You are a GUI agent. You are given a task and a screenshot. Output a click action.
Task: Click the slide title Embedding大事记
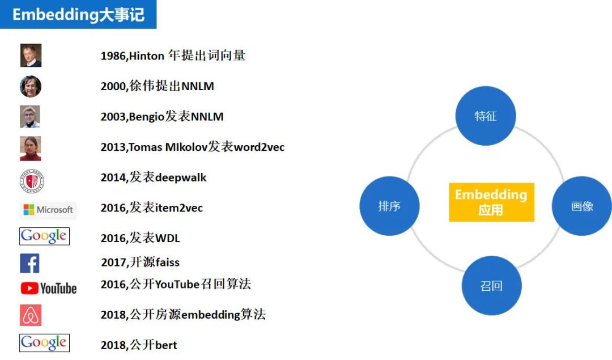[x=78, y=14]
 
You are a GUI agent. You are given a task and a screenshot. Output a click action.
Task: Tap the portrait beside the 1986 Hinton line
[x=31, y=56]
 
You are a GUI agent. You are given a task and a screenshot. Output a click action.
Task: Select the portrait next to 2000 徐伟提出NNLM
[x=31, y=86]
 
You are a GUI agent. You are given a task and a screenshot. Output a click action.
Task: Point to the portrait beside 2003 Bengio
[x=30, y=117]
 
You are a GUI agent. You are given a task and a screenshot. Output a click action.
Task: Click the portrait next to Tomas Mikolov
[x=30, y=148]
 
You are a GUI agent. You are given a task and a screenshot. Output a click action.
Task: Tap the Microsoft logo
[x=48, y=210]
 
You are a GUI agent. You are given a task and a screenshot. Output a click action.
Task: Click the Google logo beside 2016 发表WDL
[x=44, y=236]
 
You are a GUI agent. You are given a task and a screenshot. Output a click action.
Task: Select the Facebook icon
[x=29, y=263]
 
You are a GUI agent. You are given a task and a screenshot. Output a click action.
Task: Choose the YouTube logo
[x=48, y=289]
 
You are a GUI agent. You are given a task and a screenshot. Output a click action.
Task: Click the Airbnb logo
[x=31, y=315]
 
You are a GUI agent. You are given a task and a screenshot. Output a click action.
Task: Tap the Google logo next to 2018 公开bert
[x=44, y=342]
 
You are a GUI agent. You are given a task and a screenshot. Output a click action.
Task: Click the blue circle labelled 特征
[x=486, y=116]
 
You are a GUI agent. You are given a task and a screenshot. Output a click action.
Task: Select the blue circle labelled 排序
[x=389, y=206]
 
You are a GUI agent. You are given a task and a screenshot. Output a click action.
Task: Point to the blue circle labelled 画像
[x=581, y=206]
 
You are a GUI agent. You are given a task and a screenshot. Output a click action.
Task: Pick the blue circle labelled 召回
[x=491, y=286]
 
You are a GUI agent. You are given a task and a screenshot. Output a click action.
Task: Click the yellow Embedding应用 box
[x=491, y=202]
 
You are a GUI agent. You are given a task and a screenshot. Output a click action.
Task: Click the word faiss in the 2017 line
[x=167, y=262]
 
